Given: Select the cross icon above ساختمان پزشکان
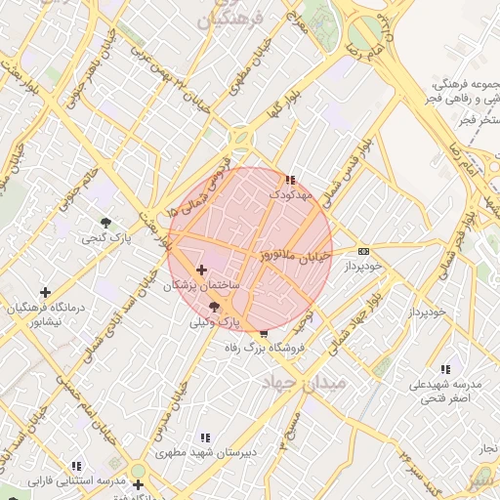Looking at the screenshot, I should click(201, 270).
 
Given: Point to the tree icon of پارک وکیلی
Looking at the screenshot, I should click(214, 307).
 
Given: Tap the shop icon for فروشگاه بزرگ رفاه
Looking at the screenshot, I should click(264, 334).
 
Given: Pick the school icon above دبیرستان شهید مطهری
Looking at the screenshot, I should click(204, 438).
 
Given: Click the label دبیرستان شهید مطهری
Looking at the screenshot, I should click(201, 453).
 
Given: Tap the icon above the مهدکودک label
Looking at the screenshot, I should click(289, 180).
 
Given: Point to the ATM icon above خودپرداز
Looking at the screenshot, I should click(363, 250).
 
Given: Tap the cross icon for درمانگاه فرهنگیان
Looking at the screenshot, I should click(45, 291).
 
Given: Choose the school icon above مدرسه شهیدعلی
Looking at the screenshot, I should click(445, 369).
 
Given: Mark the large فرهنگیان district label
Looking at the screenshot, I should click(230, 20).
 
